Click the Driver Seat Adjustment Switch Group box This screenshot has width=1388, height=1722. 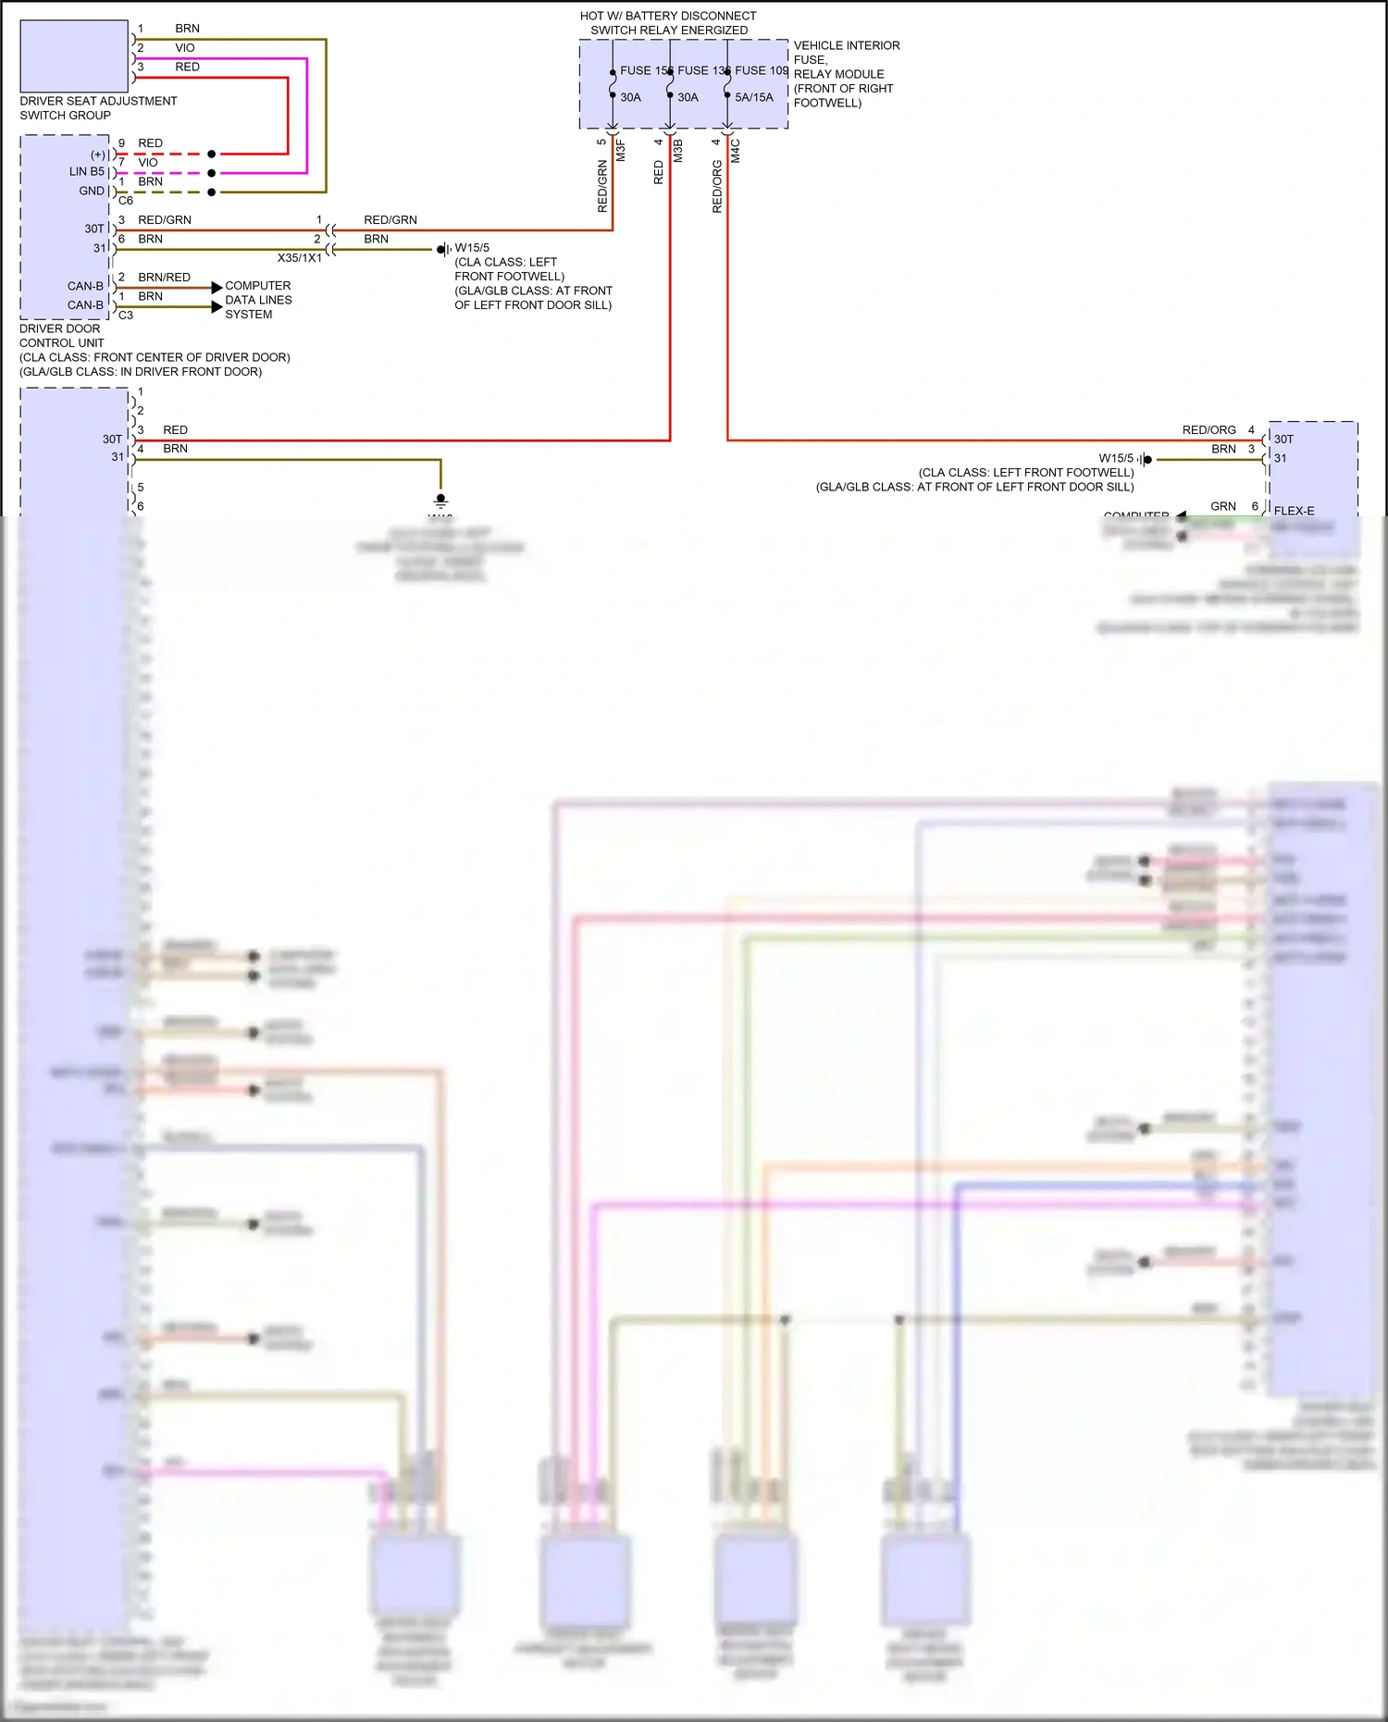pos(74,56)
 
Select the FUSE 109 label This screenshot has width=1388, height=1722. pos(762,70)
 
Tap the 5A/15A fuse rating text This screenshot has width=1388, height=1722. pos(754,97)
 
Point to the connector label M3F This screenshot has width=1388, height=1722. pos(621,151)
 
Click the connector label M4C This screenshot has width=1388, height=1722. pos(736,151)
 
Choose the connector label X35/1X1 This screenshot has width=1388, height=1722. pos(300,258)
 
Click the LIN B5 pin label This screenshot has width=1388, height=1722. pos(87,172)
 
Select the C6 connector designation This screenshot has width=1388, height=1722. pos(126,201)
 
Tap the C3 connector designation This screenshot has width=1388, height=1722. pos(126,316)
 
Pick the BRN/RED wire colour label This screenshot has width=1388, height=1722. pos(165,278)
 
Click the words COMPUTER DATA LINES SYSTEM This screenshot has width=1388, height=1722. pos(258,300)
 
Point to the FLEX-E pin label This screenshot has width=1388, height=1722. pos(1294,511)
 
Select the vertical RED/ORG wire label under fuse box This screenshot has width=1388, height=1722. pos(717,187)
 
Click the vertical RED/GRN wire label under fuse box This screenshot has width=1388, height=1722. pos(602,187)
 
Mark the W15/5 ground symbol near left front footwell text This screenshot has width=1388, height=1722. pos(443,250)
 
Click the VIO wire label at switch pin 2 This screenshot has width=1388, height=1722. pos(185,48)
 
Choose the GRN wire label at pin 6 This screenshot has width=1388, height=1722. pos(1223,506)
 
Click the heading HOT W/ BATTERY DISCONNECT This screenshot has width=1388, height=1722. pos(668,16)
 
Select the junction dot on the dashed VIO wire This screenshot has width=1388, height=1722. pos(212,173)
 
